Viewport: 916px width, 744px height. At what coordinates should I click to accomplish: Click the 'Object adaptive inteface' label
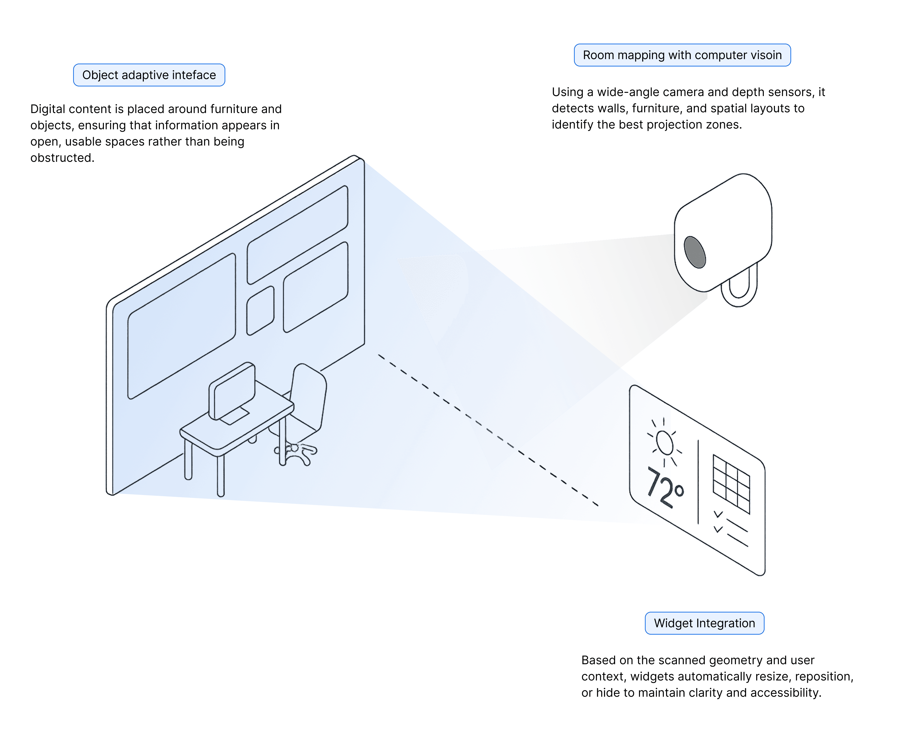tap(149, 75)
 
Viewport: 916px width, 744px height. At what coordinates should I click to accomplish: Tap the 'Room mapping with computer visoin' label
tap(682, 55)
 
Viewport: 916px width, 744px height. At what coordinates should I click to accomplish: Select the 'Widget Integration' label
tap(704, 623)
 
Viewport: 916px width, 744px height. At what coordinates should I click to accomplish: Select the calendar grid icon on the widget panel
tap(731, 484)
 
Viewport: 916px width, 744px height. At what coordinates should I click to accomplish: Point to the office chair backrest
tap(309, 394)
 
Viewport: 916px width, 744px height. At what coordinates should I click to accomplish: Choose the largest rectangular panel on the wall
tap(182, 326)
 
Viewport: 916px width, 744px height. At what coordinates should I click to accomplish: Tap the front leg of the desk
tap(221, 476)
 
